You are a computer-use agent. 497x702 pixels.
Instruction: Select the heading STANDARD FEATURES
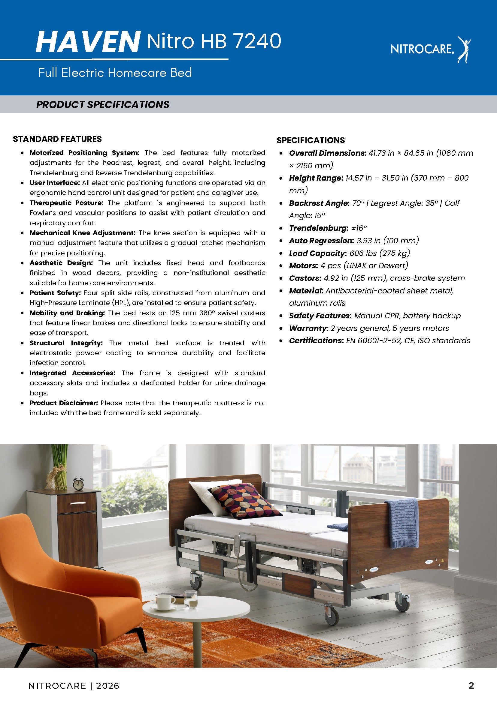[x=57, y=139]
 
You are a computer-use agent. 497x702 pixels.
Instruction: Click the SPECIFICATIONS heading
[x=311, y=140]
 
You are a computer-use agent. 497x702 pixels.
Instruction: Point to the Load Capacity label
[x=317, y=253]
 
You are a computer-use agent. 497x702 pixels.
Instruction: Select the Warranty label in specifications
[x=308, y=328]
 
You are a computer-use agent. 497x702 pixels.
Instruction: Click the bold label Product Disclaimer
[x=64, y=403]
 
